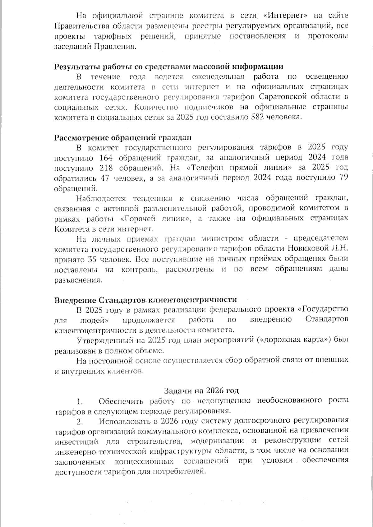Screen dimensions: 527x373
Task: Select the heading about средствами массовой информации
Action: (169, 67)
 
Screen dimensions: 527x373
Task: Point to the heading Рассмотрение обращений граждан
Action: (123, 137)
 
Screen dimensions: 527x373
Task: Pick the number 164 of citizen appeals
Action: (106, 158)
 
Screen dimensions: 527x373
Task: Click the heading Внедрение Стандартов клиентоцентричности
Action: (145, 300)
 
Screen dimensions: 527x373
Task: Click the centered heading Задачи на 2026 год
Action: (201, 391)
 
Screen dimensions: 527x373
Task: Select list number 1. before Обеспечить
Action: (80, 401)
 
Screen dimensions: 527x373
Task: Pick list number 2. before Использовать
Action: (80, 422)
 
